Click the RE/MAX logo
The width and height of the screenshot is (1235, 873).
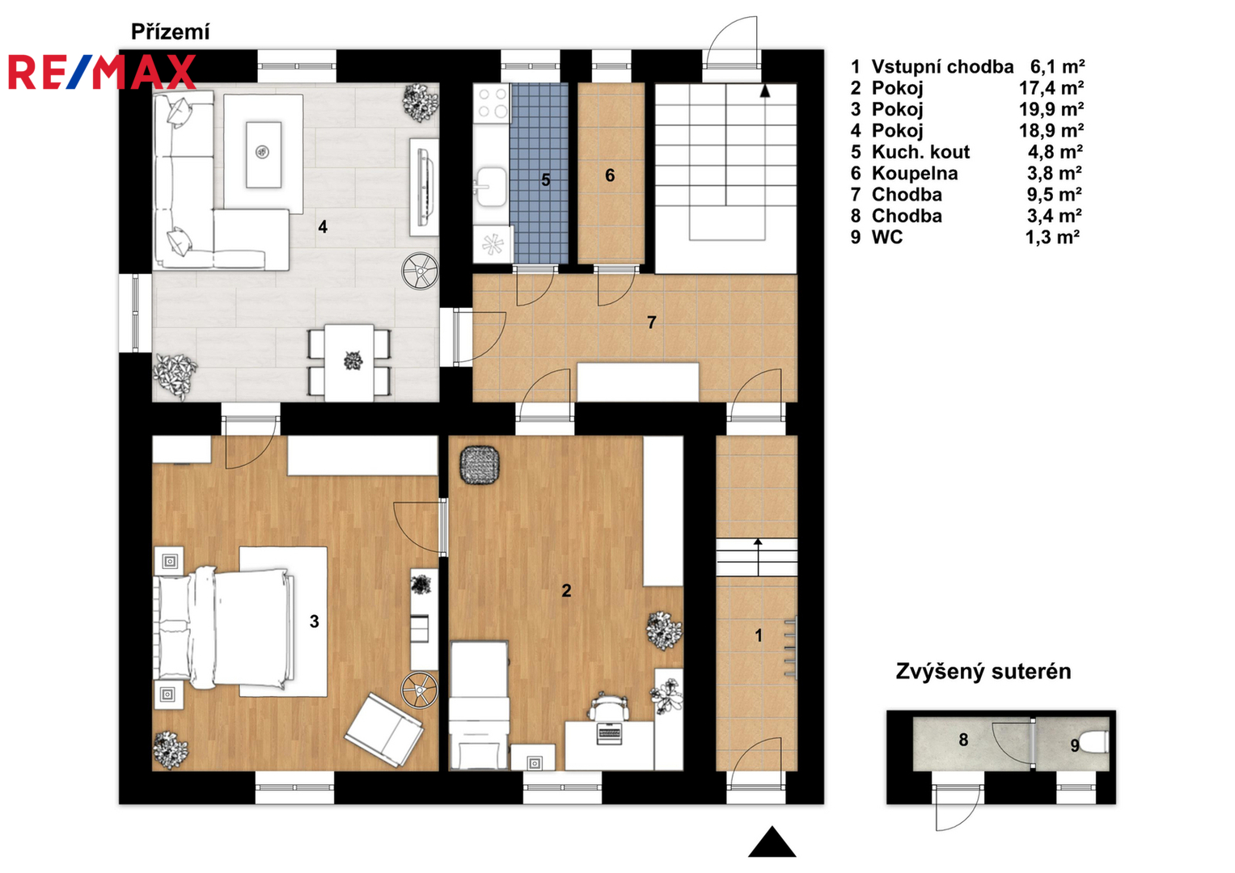102,72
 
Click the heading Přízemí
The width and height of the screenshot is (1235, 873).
171,32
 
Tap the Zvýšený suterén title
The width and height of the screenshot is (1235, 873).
983,671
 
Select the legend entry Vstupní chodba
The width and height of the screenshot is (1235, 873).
942,66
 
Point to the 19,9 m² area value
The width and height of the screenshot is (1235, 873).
1051,109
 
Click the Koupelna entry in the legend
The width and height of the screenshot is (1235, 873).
915,173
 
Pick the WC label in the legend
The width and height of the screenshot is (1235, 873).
887,237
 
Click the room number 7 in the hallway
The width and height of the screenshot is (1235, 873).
652,323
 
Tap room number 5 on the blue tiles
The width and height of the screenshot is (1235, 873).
545,179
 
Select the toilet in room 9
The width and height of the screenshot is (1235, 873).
1093,742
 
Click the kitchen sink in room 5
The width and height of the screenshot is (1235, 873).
491,187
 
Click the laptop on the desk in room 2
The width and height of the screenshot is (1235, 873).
609,733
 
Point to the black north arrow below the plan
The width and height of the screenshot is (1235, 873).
772,841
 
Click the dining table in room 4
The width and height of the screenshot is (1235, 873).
349,363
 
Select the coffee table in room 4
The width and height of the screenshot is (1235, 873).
264,155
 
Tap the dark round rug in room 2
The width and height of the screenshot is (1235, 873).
480,465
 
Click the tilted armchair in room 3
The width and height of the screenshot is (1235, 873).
383,730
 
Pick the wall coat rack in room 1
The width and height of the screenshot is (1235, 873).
791,648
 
